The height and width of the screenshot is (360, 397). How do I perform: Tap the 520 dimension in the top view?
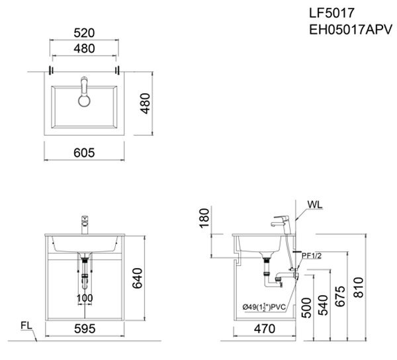(x=84, y=31)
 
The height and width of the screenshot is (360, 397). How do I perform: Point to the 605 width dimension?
(x=84, y=152)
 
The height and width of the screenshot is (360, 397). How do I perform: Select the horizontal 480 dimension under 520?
(x=84, y=48)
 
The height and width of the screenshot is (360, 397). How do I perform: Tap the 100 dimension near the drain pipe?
(x=84, y=298)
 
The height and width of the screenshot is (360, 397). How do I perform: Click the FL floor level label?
(x=26, y=326)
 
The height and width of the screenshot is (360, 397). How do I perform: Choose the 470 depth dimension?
(x=265, y=328)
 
